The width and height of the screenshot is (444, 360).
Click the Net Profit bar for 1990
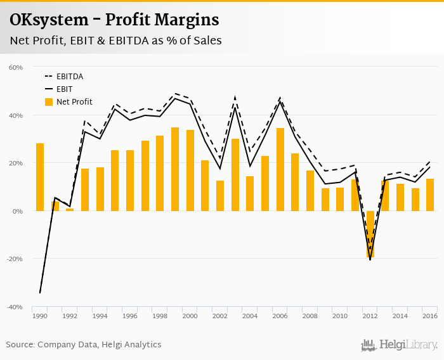(x=40, y=177)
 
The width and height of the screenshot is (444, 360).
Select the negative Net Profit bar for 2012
(x=370, y=234)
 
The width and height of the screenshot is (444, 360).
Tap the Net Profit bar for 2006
(x=280, y=169)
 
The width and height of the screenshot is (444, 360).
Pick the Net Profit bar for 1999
(x=175, y=169)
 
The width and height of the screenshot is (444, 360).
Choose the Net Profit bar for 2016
(x=430, y=195)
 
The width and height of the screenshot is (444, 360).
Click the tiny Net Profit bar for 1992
(x=70, y=209)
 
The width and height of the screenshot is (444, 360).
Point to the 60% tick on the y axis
(x=16, y=67)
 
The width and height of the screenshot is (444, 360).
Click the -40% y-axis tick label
(x=15, y=307)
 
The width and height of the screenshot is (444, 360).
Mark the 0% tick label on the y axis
(x=18, y=211)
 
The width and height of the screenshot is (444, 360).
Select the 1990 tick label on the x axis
(x=40, y=316)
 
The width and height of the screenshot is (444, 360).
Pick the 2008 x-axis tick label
(x=310, y=316)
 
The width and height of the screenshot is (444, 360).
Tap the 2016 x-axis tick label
(x=430, y=316)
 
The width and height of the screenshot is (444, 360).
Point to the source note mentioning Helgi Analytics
(x=84, y=345)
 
